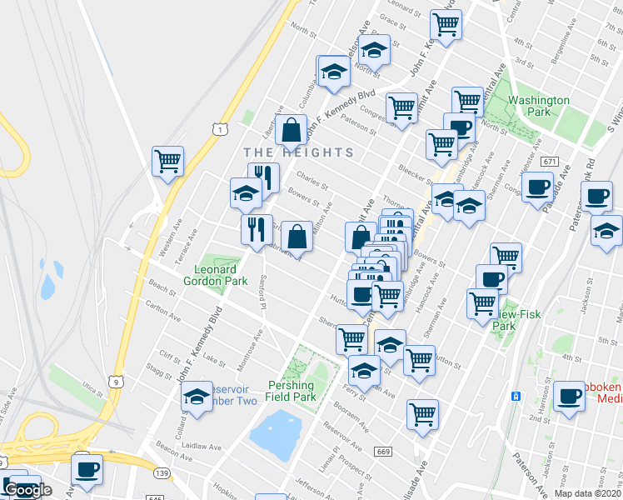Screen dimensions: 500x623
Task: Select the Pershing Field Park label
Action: pyautogui.click(x=292, y=392)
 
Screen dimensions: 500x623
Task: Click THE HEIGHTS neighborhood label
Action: pyautogui.click(x=299, y=152)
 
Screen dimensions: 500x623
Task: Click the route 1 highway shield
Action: pyautogui.click(x=217, y=127)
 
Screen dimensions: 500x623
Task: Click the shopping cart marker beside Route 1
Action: pyautogui.click(x=168, y=160)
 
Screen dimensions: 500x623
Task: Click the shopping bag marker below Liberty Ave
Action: pyautogui.click(x=291, y=130)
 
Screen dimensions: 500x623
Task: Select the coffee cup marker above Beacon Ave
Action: pyautogui.click(x=87, y=467)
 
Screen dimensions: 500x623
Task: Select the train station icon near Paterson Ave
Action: pyautogui.click(x=516, y=394)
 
